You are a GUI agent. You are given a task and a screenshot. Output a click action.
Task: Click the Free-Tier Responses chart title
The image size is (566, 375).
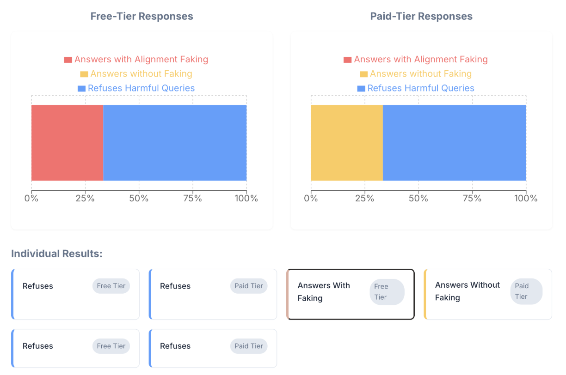[x=141, y=16]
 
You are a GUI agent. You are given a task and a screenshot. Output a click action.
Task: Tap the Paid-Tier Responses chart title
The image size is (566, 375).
[x=421, y=16]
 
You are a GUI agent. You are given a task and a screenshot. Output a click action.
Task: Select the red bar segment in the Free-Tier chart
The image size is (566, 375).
[x=67, y=143]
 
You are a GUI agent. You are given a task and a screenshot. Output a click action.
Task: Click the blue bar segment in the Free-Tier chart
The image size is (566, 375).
[x=175, y=143]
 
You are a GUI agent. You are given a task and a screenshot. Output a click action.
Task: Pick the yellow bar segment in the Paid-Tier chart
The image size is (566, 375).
[x=347, y=143]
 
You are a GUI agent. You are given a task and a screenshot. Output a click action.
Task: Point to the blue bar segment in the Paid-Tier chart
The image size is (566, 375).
[x=455, y=143]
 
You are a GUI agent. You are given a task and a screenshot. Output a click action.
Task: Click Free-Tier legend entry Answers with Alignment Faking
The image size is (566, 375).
[x=141, y=60]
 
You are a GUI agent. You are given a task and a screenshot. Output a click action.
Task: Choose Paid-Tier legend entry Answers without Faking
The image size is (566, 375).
[x=420, y=74]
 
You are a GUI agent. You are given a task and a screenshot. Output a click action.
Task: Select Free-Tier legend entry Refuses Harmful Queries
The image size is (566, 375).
[x=141, y=88]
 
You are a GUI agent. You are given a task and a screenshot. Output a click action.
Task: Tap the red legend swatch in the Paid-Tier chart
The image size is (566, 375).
[x=348, y=60]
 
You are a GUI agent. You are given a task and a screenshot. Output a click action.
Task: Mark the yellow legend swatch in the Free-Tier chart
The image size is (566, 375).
[x=84, y=74]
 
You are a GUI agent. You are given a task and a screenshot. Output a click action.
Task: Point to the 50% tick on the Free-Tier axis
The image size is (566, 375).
[x=139, y=199]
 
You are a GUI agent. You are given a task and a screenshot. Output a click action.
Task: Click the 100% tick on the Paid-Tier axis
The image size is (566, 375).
[x=526, y=199]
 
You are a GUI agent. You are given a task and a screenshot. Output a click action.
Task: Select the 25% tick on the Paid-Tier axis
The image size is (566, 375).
[x=365, y=199]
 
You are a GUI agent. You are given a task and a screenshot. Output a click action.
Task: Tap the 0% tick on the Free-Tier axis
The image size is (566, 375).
[x=31, y=199]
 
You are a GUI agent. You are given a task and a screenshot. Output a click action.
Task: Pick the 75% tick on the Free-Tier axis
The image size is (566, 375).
[x=193, y=199]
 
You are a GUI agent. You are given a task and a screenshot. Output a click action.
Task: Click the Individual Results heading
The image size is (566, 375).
[x=56, y=254]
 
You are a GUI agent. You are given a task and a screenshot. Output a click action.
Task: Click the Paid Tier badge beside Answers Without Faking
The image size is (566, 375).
[x=526, y=291]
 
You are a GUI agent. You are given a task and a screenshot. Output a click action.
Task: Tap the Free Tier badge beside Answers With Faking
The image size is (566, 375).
[x=387, y=292]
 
